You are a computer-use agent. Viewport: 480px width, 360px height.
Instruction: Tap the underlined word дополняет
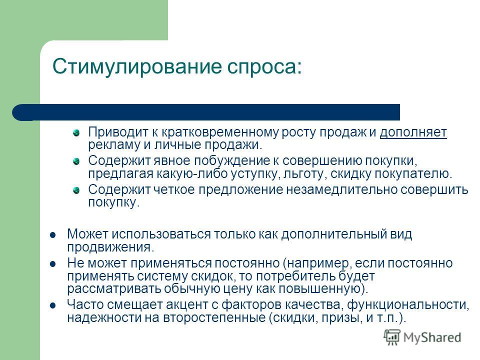click(413, 132)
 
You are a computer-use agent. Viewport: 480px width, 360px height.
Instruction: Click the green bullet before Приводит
click(76, 133)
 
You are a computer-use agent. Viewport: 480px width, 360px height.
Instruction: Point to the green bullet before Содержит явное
click(76, 161)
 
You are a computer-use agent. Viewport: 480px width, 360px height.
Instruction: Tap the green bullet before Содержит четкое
click(76, 190)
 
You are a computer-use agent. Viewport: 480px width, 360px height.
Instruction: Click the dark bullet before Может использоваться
click(52, 235)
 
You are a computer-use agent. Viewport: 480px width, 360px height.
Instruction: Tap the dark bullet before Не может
click(52, 263)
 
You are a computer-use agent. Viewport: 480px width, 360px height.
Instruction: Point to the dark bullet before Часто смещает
click(52, 305)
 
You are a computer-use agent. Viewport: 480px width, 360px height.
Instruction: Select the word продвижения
click(110, 247)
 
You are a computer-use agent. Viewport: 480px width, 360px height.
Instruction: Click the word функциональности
click(408, 305)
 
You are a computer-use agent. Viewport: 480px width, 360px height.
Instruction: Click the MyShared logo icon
click(392, 337)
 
